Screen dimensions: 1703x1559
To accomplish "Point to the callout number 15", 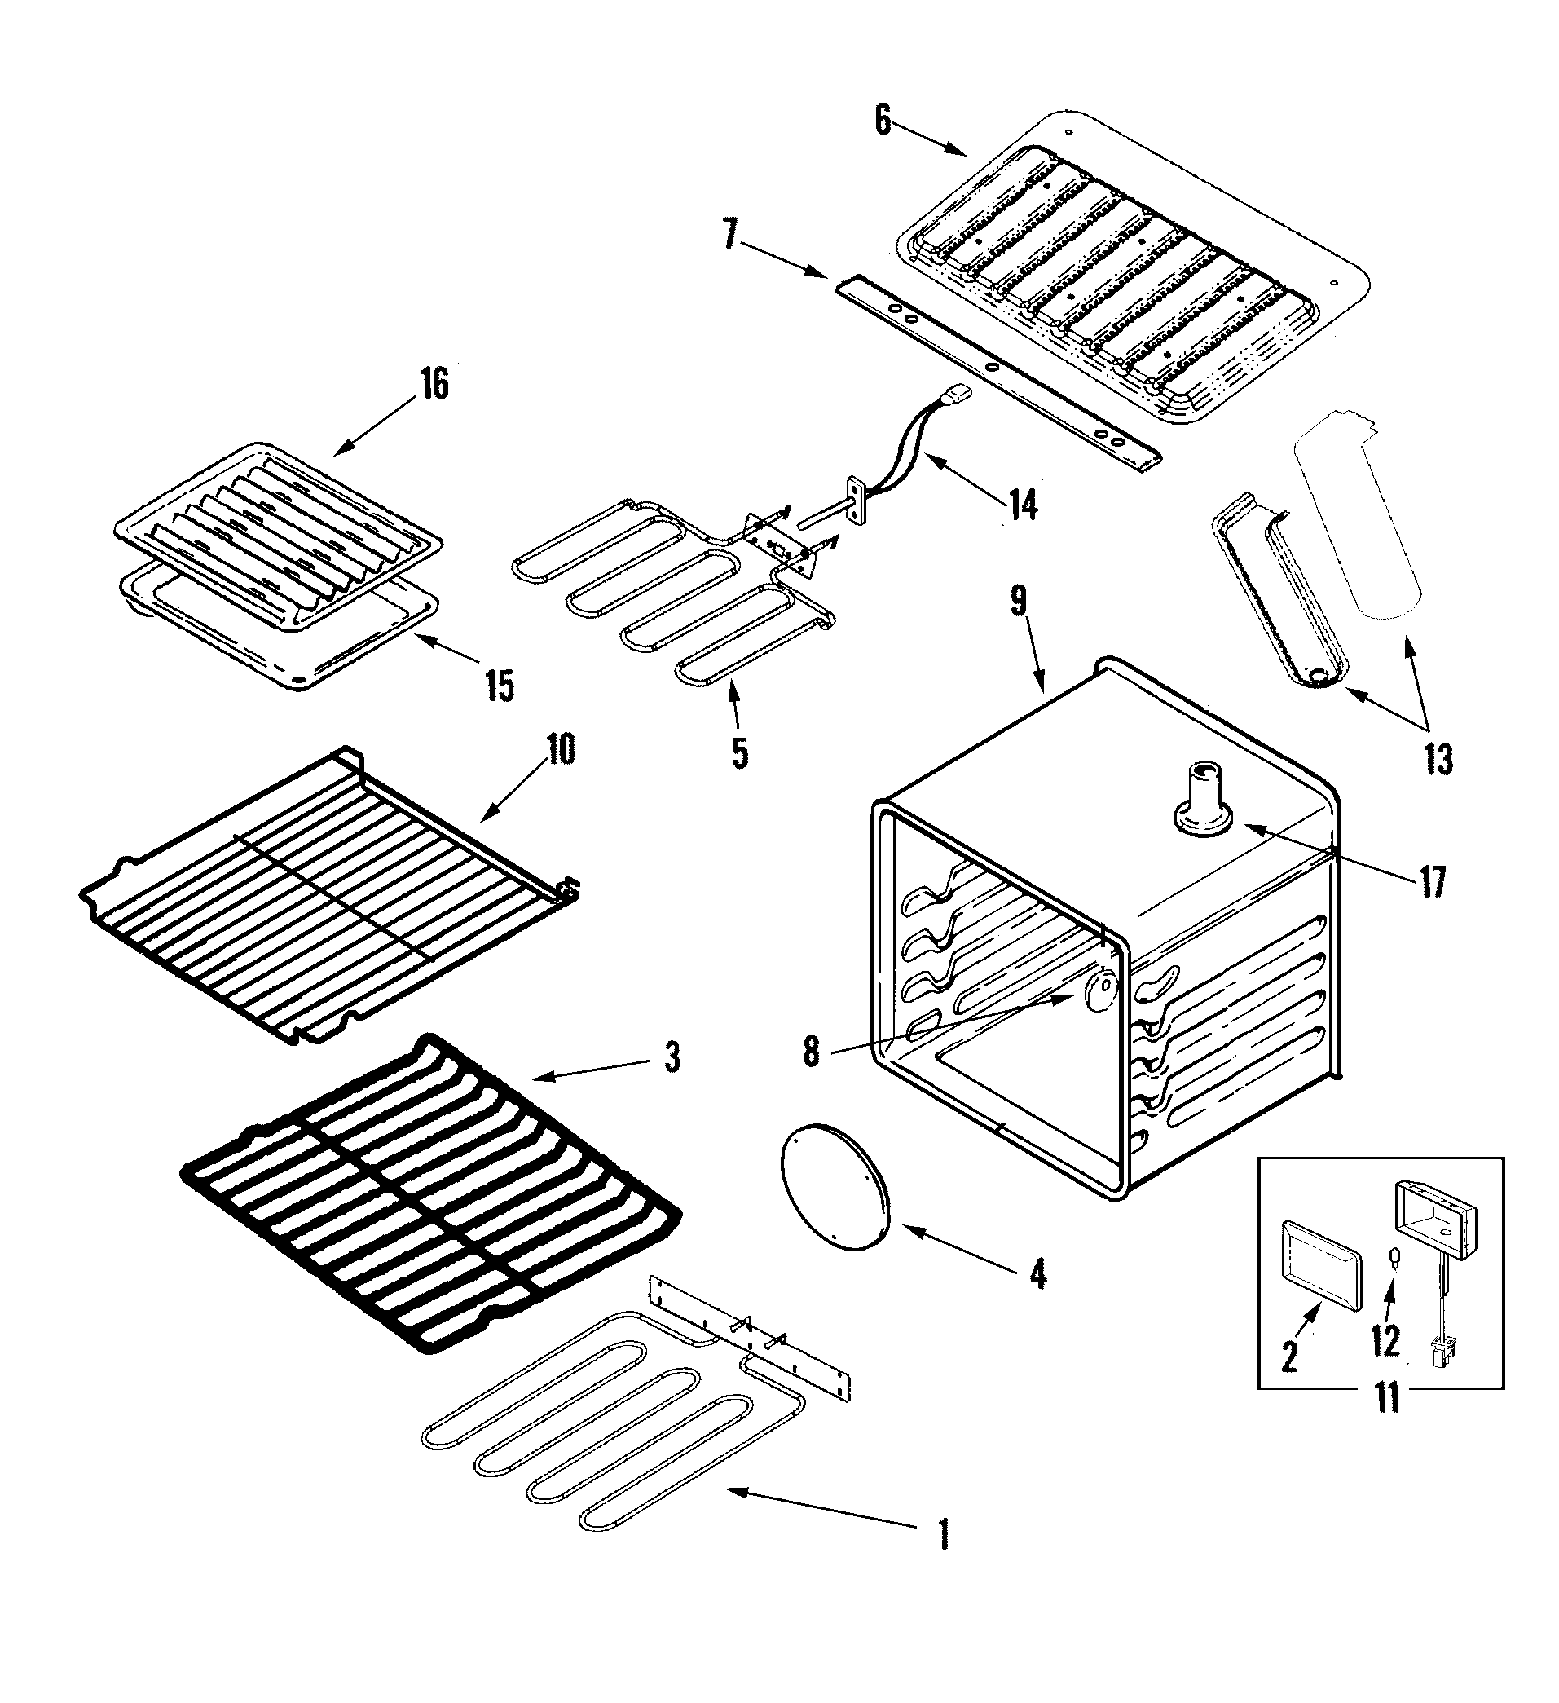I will coord(500,686).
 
